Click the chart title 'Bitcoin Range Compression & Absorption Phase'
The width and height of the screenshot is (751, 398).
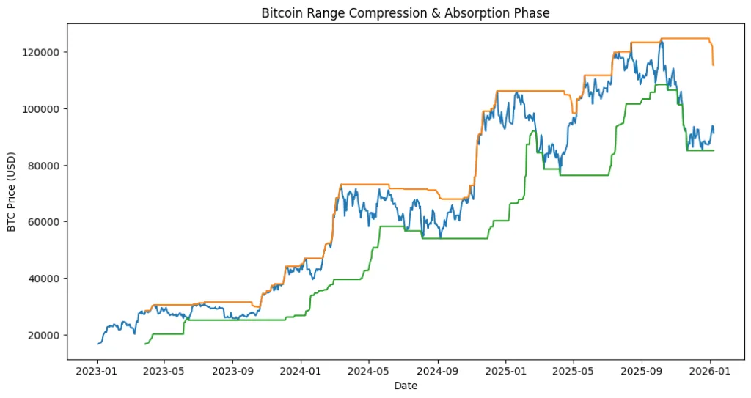406,13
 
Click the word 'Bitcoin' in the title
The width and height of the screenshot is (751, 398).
281,13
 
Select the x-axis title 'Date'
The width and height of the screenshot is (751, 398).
406,386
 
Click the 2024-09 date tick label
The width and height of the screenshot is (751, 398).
438,371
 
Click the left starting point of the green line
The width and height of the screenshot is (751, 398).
145,344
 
